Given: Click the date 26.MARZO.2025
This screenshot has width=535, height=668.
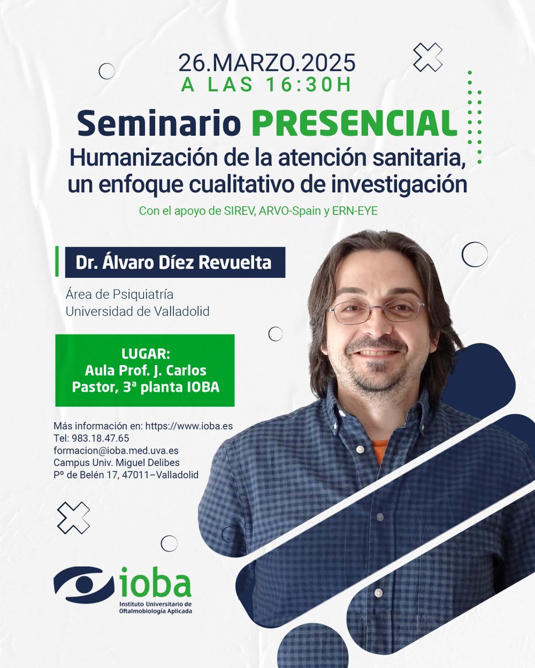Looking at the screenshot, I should coord(267,63).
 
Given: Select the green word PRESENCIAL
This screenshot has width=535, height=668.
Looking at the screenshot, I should coord(354,124).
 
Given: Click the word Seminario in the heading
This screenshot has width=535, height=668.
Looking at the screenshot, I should coord(159,124).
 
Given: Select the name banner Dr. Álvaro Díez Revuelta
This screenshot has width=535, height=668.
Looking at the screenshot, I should coord(175,262).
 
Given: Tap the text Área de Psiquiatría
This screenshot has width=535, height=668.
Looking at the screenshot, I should coord(120,294).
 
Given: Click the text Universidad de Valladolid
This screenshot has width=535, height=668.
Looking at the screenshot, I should coord(138,312).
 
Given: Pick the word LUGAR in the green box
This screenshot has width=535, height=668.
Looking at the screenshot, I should coord(145,355).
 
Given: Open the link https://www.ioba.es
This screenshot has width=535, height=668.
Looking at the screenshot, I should coord(188,426).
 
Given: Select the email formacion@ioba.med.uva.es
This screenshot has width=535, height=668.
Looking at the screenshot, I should coord(116,450).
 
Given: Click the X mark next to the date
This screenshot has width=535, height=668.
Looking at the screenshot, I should coord(427,57).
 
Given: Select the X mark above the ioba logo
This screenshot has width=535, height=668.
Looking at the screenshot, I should coord(73,518).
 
